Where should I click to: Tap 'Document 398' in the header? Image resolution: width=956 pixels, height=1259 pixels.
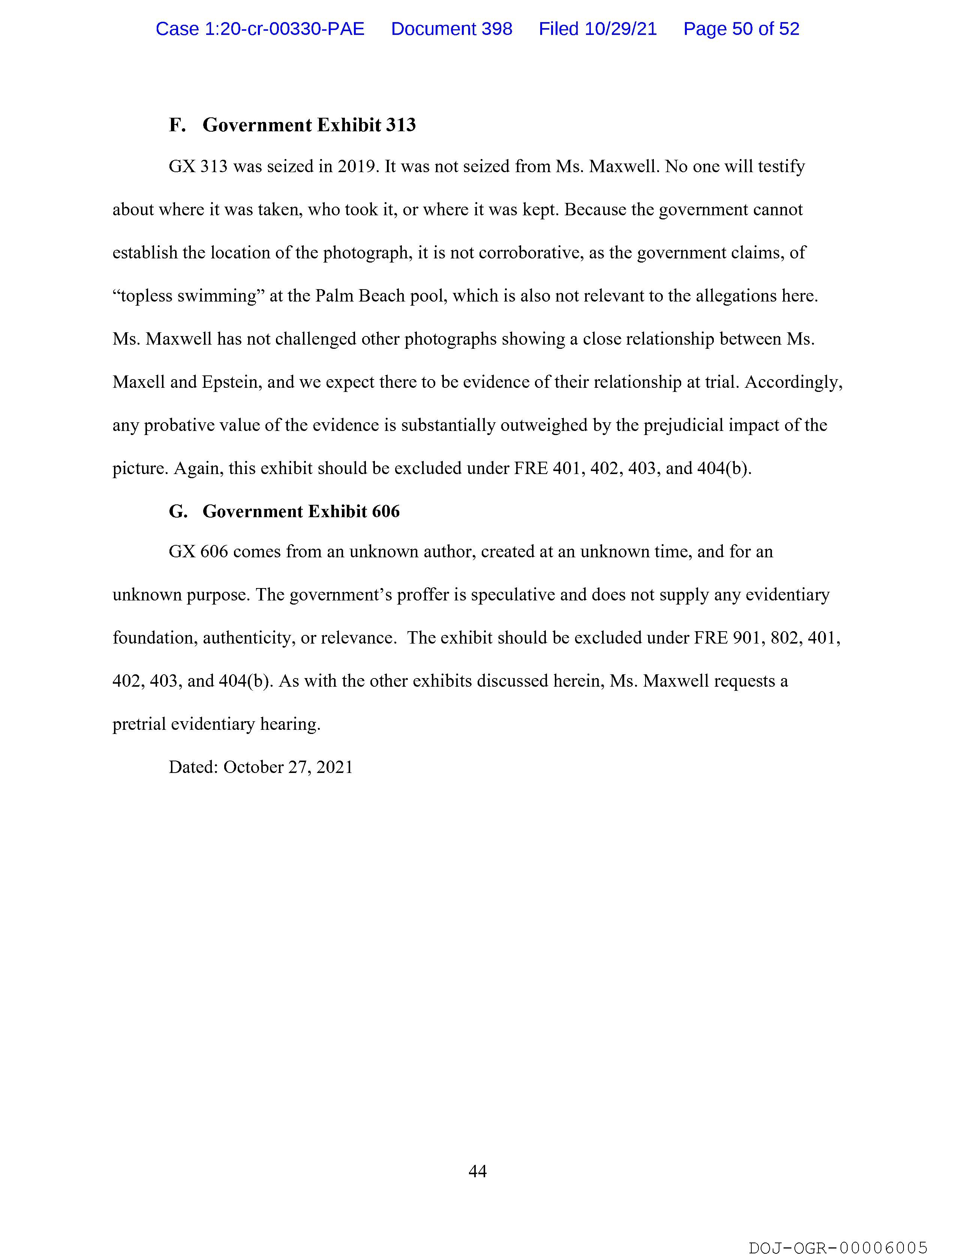point(451,29)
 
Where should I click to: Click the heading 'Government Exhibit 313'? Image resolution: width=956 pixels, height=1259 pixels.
point(309,125)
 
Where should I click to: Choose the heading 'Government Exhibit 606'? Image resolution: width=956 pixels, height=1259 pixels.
point(301,512)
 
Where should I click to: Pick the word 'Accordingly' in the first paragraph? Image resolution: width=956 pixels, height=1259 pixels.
point(793,382)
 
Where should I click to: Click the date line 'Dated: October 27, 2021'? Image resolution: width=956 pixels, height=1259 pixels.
point(261,767)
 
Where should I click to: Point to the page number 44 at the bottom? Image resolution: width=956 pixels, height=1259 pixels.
point(477,1171)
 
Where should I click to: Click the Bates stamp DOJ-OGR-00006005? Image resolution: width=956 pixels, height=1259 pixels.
point(838,1248)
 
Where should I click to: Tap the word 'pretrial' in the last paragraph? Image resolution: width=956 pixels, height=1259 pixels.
point(139,725)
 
